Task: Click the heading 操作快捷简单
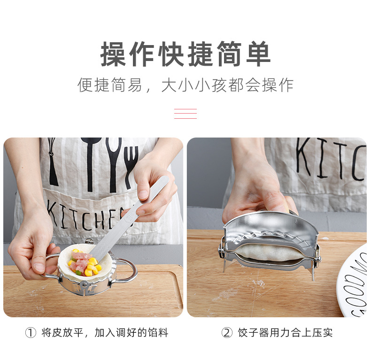click(x=185, y=54)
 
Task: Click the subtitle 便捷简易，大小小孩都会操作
click(x=185, y=85)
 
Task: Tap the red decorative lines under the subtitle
click(x=185, y=114)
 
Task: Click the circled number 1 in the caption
click(x=30, y=333)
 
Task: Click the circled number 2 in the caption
click(x=227, y=333)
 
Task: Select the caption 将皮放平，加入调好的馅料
click(x=104, y=333)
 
